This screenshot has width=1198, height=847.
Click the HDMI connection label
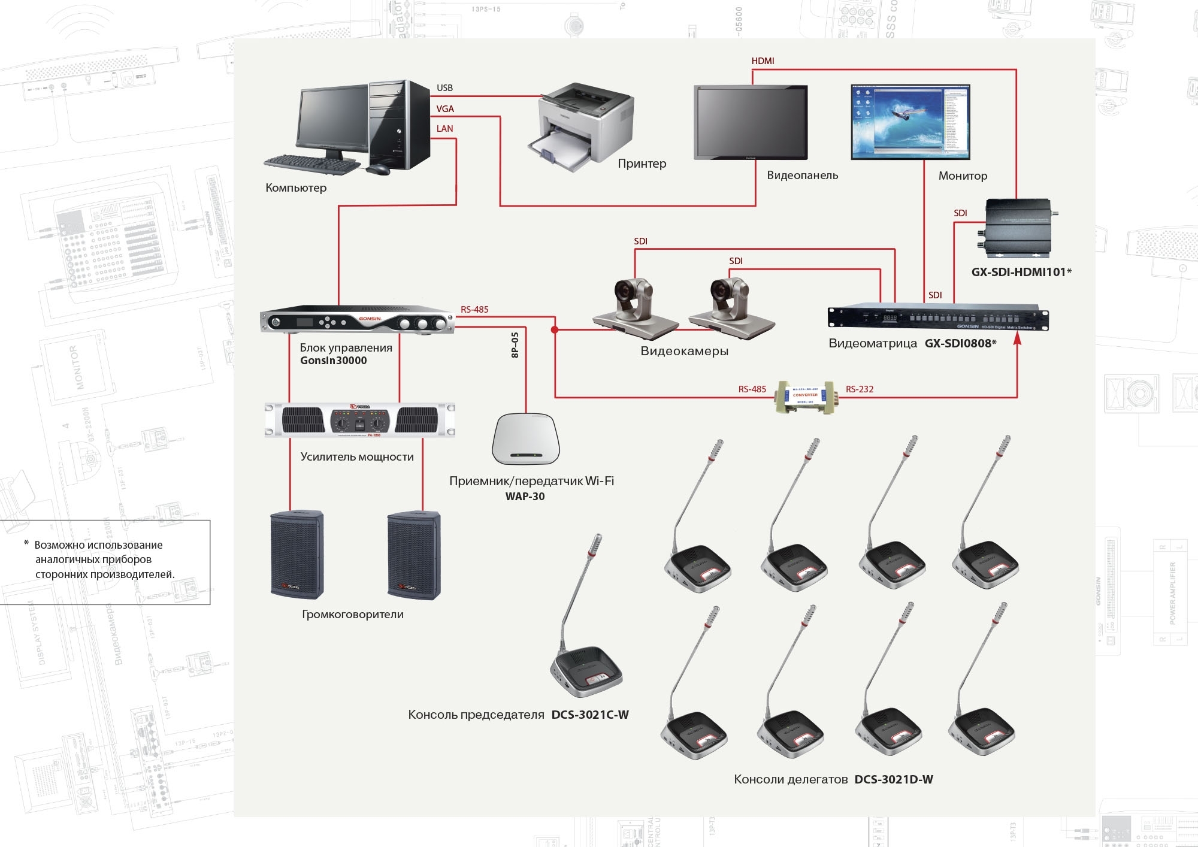point(763,61)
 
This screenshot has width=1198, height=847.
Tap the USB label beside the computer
point(444,88)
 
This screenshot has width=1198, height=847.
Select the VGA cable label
point(445,109)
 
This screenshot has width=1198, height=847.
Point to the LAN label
point(444,129)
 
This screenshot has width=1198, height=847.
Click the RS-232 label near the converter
point(860,389)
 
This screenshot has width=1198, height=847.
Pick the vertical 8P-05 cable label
point(515,345)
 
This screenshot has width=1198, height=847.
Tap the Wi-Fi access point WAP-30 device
point(525,438)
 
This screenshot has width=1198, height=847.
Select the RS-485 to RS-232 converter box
point(805,396)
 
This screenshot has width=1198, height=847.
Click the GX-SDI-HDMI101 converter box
point(1018,228)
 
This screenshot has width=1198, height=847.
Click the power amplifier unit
point(359,420)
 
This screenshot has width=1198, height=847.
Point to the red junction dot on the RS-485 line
point(555,330)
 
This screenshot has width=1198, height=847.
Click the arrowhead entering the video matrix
point(1017,339)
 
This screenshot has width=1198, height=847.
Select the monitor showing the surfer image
point(910,122)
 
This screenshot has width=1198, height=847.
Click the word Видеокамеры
point(684,351)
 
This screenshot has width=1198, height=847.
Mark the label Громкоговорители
point(352,615)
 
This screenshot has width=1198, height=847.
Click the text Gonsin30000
point(333,361)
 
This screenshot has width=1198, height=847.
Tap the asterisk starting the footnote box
point(26,543)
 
